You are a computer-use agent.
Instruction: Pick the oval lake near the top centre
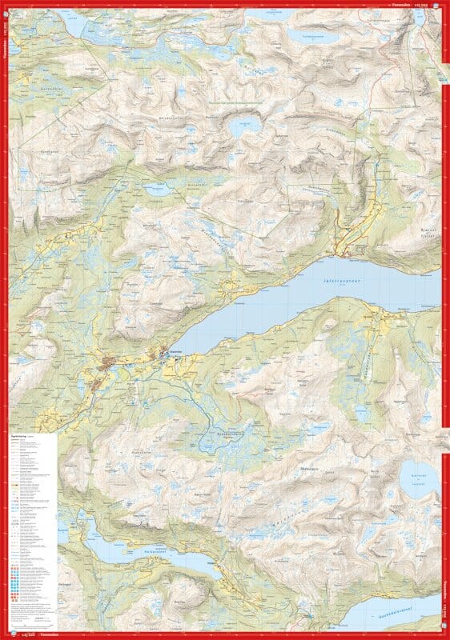243,126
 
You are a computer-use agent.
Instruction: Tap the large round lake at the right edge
420,478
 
